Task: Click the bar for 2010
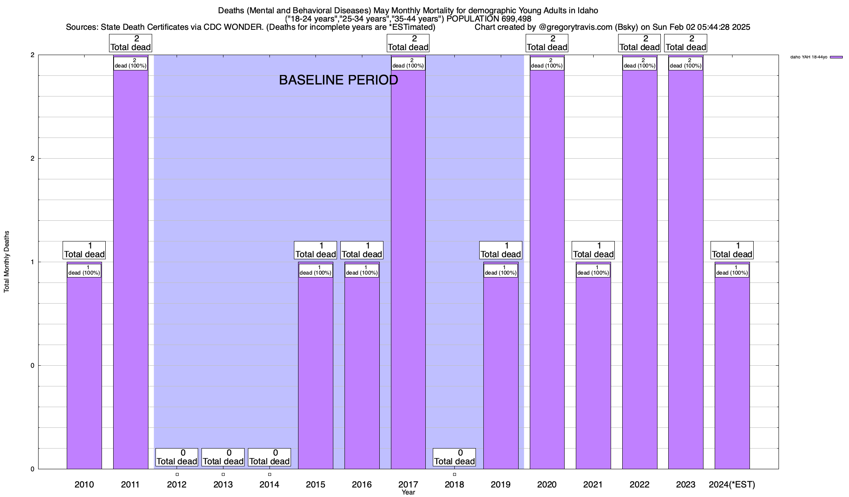pos(84,373)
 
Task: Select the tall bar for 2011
pos(131,269)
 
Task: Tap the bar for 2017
pos(408,269)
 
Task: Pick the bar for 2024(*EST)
pos(732,373)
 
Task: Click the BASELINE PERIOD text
pos(338,80)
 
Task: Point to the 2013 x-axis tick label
pos(223,485)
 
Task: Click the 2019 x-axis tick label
pos(501,485)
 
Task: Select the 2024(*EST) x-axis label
pos(732,485)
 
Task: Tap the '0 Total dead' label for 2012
pos(177,457)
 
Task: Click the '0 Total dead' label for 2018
pos(454,457)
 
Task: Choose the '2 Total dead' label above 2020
pos(547,43)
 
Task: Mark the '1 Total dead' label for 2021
pos(593,250)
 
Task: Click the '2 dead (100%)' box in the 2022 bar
pos(640,63)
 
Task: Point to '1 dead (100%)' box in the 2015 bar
pos(315,270)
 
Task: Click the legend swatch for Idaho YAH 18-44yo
pos(836,57)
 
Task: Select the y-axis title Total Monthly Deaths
pos(7,262)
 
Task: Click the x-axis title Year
pos(408,492)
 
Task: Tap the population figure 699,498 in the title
pos(515,19)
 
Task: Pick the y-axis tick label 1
pos(32,262)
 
